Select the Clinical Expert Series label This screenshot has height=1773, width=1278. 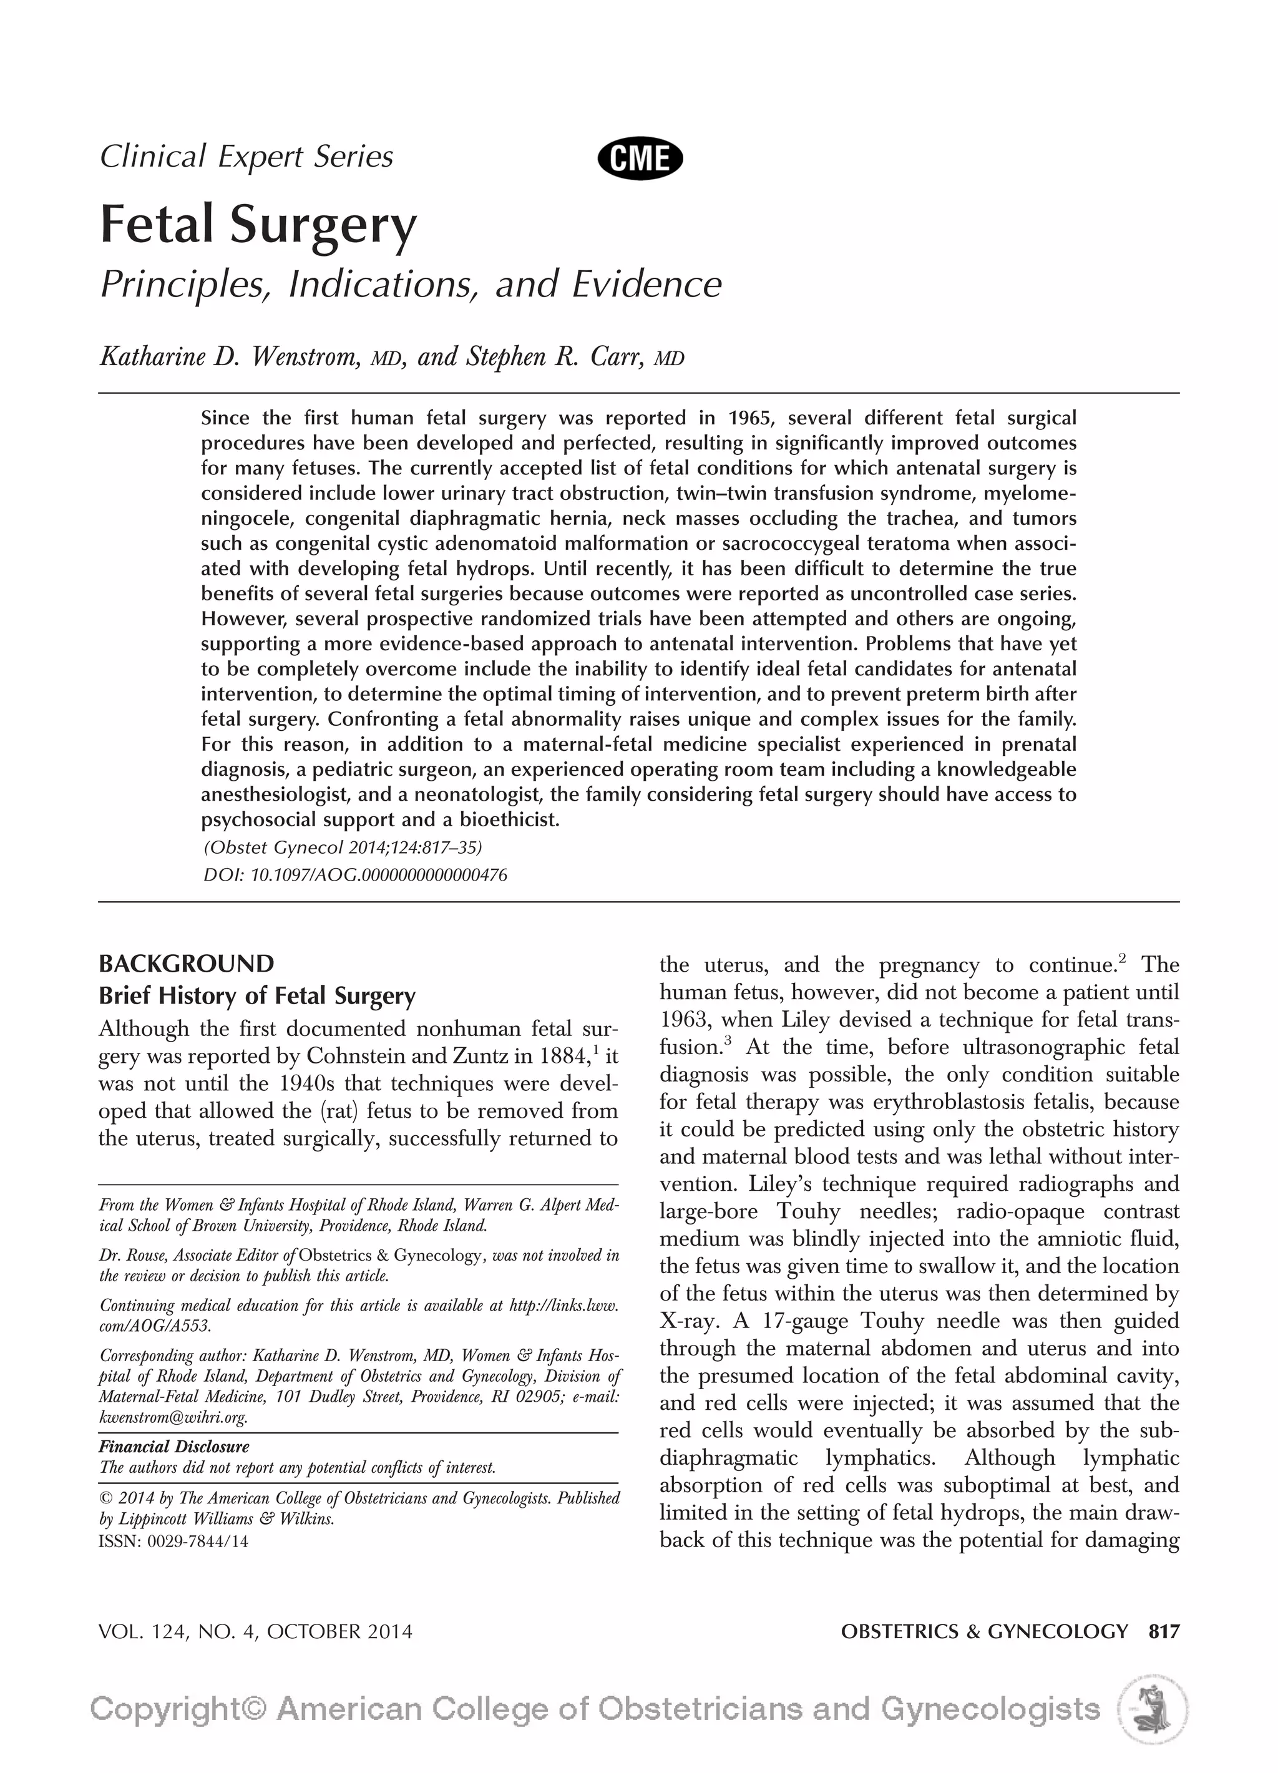[246, 157]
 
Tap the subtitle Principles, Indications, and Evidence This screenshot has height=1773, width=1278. [411, 284]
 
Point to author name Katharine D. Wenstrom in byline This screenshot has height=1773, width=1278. [229, 356]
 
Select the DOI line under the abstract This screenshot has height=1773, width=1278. [355, 875]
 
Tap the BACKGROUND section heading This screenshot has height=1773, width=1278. [186, 963]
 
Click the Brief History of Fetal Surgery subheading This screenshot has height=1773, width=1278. [256, 996]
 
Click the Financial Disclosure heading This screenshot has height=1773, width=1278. [173, 1446]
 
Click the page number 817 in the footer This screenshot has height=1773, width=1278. [1163, 1631]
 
